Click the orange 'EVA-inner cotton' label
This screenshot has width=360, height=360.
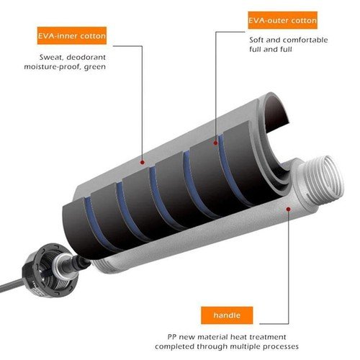72,36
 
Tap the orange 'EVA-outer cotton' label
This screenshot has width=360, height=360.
282,20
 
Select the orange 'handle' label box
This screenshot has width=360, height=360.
227,315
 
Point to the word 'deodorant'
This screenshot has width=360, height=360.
86,58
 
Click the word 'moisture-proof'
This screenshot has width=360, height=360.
52,67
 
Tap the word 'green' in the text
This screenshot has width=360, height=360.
95,67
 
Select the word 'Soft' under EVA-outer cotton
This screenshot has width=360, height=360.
256,40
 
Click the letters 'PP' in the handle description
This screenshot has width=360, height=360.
172,337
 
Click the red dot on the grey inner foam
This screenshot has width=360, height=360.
143,163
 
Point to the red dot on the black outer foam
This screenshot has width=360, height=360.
215,143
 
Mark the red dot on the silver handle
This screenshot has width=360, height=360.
289,210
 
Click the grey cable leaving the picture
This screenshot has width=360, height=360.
12,285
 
